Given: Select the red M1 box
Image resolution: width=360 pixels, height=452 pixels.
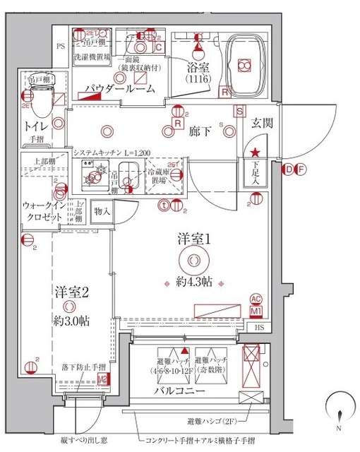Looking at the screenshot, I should pyautogui.click(x=256, y=311).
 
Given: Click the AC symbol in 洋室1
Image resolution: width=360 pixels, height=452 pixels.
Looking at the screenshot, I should pyautogui.click(x=256, y=299).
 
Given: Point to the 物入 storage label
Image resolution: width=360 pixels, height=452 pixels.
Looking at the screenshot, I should pyautogui.click(x=101, y=211).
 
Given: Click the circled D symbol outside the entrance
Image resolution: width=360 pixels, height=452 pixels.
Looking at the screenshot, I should pyautogui.click(x=289, y=169).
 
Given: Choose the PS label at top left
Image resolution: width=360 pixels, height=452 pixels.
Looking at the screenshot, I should pyautogui.click(x=61, y=47).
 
